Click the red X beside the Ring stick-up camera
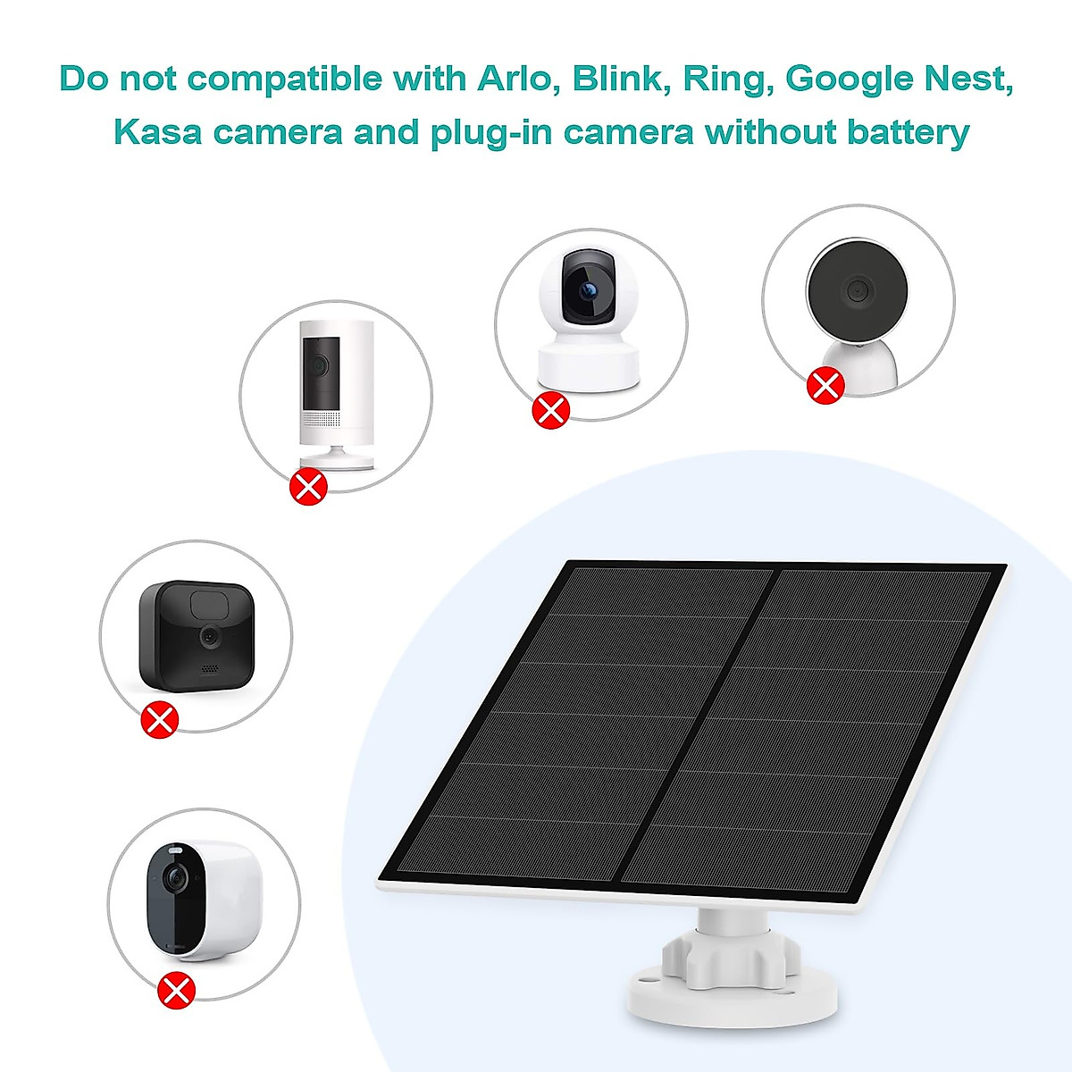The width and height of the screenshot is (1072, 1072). pyautogui.click(x=311, y=486)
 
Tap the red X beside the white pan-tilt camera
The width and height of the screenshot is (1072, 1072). pyautogui.click(x=550, y=410)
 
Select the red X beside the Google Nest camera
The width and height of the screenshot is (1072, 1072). pyautogui.click(x=825, y=386)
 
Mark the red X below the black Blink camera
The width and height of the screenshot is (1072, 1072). pyautogui.click(x=160, y=719)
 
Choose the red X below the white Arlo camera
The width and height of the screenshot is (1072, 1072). pyautogui.click(x=176, y=989)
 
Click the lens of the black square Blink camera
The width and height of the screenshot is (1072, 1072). pyautogui.click(x=211, y=637)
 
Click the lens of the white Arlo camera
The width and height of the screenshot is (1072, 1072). pyautogui.click(x=176, y=879)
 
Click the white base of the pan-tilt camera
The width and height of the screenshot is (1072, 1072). pyautogui.click(x=589, y=365)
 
